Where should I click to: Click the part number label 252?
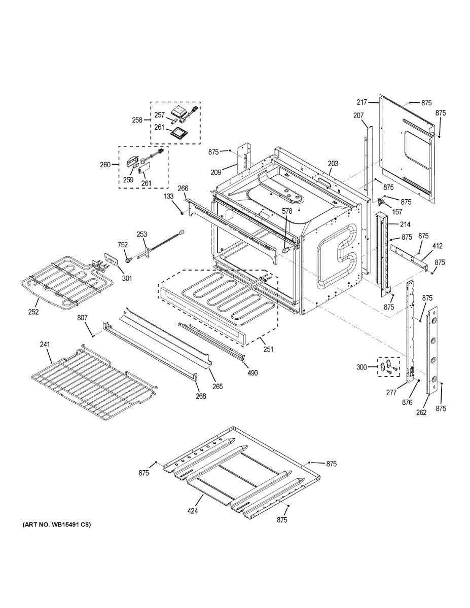(33, 312)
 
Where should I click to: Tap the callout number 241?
(45, 345)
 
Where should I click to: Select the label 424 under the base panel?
(192, 511)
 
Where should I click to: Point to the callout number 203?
(333, 164)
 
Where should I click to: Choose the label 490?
(252, 373)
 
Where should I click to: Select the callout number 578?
(287, 211)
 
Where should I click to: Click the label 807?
(83, 318)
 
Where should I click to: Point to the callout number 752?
(122, 244)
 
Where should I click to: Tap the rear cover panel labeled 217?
(408, 152)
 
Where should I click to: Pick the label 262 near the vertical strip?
(422, 412)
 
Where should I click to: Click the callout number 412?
(437, 246)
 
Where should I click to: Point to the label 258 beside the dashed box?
(137, 120)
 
